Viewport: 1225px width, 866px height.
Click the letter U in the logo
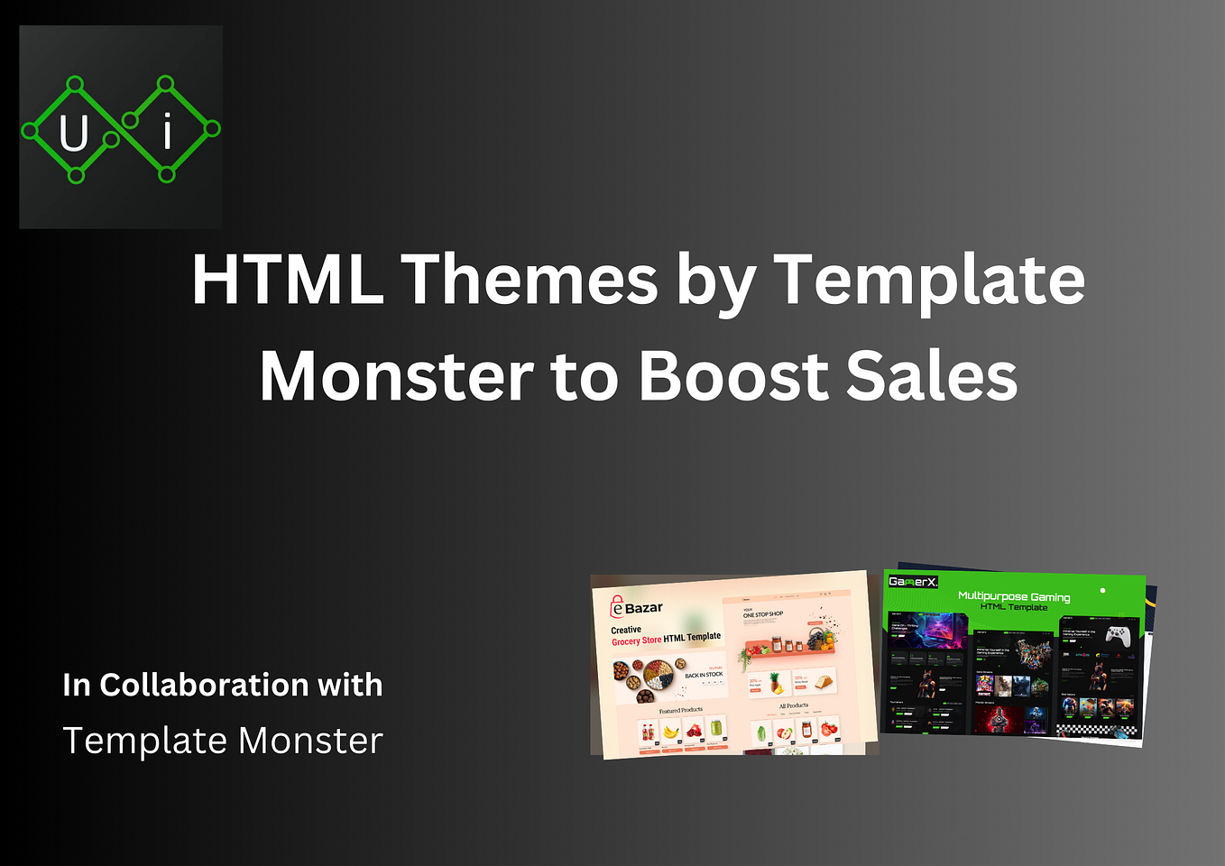74,134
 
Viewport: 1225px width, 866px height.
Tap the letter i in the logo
167,133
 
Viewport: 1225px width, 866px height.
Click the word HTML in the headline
288,280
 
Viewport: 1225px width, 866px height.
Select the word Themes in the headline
530,280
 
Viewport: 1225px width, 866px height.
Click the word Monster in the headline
397,376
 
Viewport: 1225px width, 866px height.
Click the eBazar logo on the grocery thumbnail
637,608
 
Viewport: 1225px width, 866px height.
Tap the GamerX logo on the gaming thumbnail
913,582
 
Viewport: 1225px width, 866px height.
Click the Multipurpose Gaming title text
1014,596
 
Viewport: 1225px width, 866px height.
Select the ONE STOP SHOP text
763,614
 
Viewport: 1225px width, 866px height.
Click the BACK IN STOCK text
704,675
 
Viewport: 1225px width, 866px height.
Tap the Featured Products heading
680,710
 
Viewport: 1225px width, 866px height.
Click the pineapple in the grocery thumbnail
776,683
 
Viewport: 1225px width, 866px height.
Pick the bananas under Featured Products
670,731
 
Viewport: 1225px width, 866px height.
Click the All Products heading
794,705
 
